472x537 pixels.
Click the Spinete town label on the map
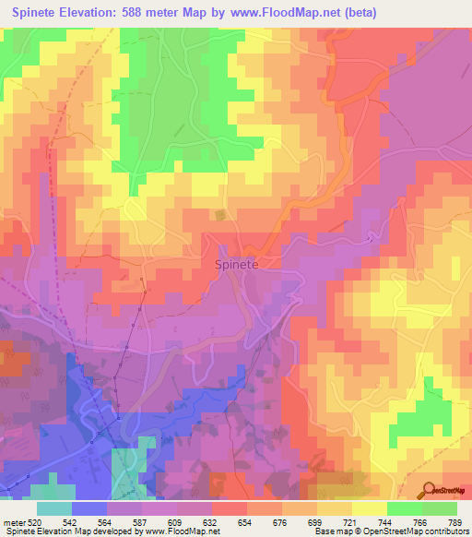(236, 264)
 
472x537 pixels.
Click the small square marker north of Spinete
(220, 215)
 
